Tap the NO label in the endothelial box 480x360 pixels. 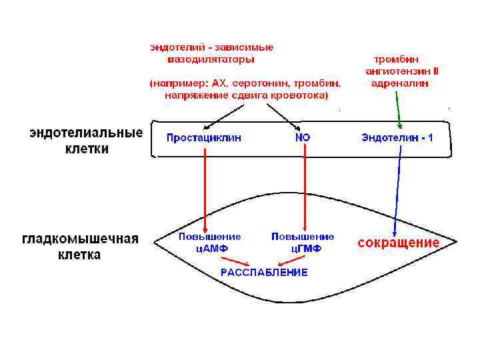pos(303,137)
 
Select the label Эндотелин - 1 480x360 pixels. pos(397,137)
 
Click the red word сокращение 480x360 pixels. pos(399,242)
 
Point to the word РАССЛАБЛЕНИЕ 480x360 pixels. pos(264,272)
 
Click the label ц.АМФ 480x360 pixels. pos(209,248)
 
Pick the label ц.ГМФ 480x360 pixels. pos(306,248)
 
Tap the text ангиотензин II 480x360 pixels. pos(402,71)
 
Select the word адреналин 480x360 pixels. pos(400,83)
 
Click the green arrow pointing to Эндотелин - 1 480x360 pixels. pos(398,107)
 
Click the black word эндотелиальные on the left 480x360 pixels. pos(86,133)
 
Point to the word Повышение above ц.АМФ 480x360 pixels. pos(209,237)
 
